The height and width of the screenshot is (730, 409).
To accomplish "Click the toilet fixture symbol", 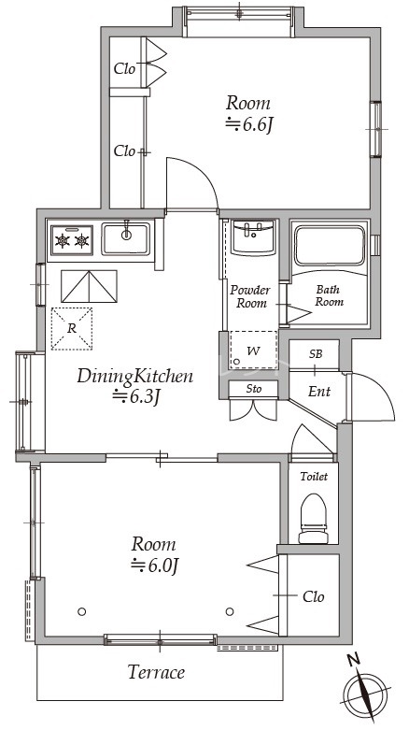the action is click(313, 518).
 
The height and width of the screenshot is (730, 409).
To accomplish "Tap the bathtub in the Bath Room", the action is click(330, 245).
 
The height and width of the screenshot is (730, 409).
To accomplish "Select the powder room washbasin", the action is click(253, 238).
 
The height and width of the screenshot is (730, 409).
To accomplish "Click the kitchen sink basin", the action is click(126, 238).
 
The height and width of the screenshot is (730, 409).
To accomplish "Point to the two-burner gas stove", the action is click(72, 240).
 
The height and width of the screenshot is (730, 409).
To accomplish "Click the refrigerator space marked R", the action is click(72, 329).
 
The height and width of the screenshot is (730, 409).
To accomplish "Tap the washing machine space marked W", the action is click(253, 351).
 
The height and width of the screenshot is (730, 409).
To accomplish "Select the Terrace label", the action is click(156, 672).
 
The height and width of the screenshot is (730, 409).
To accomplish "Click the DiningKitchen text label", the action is click(135, 376).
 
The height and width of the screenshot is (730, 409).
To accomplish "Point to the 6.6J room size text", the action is click(248, 124).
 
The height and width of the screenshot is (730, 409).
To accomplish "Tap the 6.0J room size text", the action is click(155, 565).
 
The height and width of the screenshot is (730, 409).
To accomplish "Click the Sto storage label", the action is click(254, 388).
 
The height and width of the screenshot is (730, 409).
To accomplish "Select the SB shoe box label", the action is click(316, 354).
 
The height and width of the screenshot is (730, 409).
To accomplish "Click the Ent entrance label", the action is click(319, 392).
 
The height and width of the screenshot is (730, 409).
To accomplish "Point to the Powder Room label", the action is click(250, 297).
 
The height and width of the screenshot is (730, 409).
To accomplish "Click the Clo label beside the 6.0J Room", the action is click(313, 597).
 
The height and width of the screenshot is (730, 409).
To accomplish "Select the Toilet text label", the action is click(314, 477).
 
